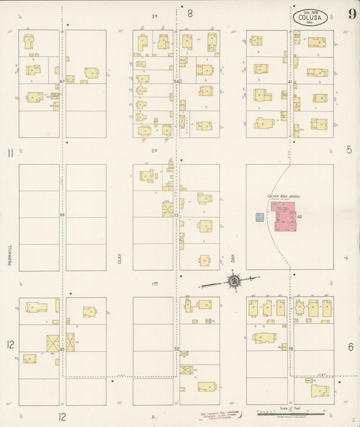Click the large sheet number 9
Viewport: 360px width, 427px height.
click(352, 14)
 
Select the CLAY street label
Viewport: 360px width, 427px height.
click(120, 257)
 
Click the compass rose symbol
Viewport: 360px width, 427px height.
click(234, 280)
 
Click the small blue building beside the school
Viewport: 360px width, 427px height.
click(259, 217)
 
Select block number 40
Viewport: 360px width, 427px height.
click(299, 217)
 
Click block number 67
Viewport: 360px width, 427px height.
click(62, 82)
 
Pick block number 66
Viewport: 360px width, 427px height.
click(62, 216)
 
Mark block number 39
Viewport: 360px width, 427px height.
click(290, 349)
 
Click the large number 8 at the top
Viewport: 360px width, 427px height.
click(190, 13)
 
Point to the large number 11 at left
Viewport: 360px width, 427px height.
click(10, 153)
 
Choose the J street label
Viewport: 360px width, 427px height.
click(344, 257)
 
